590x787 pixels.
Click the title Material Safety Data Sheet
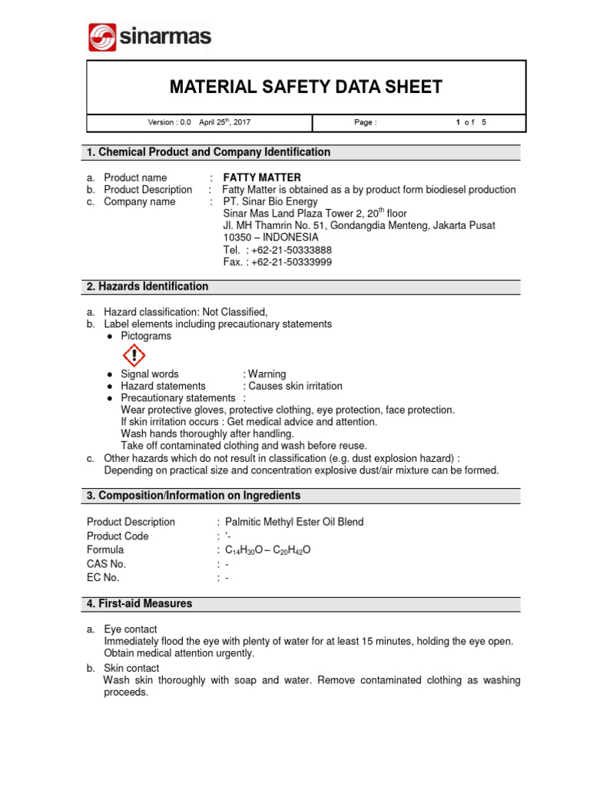point(306,87)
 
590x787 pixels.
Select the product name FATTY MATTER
point(262,178)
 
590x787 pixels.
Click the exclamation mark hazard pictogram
point(134,355)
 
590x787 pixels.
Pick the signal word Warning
point(267,374)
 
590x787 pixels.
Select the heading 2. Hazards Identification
point(147,287)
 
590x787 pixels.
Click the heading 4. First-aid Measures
point(139,604)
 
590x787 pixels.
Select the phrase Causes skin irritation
point(295,386)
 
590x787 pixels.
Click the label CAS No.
point(106,564)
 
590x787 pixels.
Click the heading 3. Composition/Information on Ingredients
point(194,496)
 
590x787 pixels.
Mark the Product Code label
point(118,536)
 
